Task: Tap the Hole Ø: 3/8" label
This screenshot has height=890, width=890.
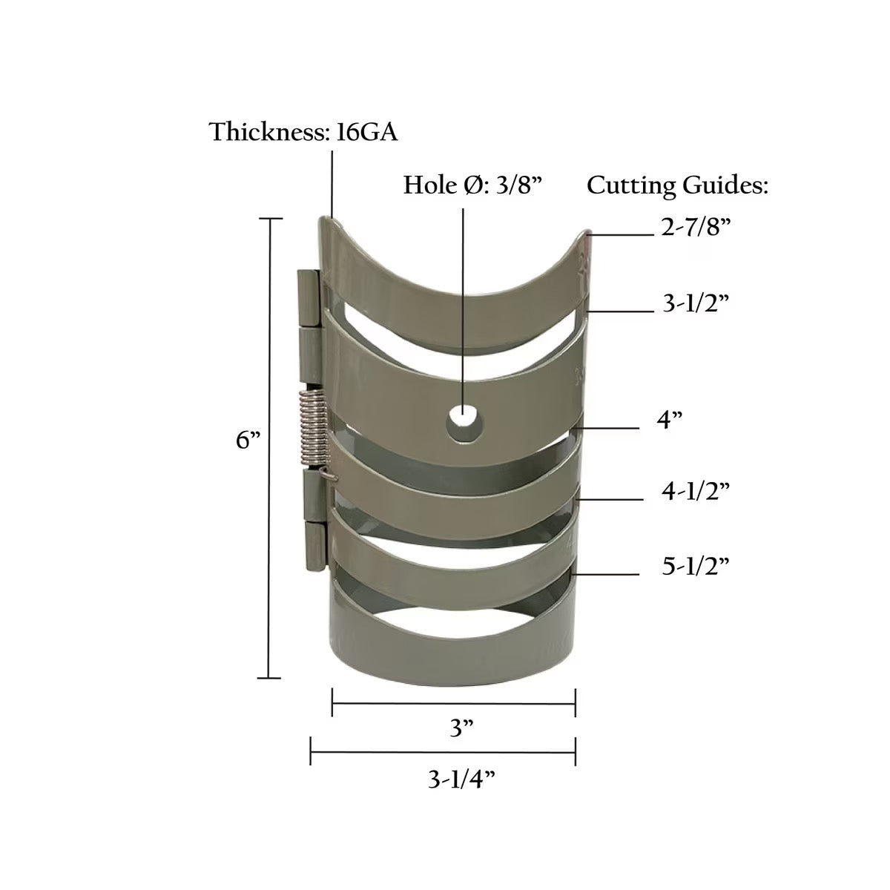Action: coord(474,185)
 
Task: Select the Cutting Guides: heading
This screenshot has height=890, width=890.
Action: coord(677,185)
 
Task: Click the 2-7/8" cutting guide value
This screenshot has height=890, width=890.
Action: coord(696,228)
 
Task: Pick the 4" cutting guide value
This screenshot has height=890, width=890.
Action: coord(669,421)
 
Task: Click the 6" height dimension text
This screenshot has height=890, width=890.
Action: coord(248,440)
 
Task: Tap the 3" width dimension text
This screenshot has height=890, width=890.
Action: coord(462,729)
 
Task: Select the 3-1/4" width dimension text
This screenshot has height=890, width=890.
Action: coord(462,780)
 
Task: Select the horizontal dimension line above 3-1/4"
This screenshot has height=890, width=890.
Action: coord(443,755)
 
